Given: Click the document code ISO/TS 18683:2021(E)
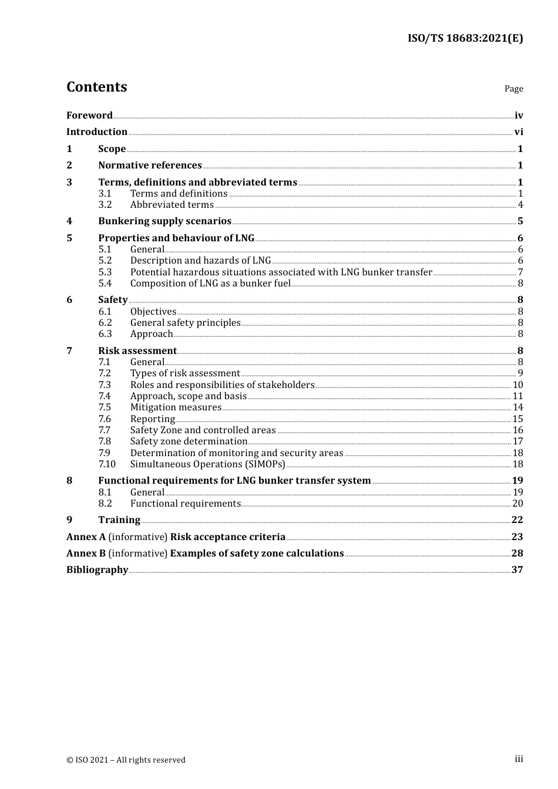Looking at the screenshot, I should [x=465, y=38].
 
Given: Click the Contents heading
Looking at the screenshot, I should [x=96, y=87].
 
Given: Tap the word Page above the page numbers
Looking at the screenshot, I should [x=513, y=89].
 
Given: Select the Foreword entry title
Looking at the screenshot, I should [x=89, y=115].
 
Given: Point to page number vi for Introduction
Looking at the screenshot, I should [x=519, y=132].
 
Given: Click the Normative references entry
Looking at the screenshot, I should [x=150, y=166].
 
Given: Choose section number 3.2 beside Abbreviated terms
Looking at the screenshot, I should [x=105, y=205].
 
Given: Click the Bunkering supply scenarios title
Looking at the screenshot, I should [x=164, y=221].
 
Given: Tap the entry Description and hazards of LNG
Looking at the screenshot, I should [x=200, y=261].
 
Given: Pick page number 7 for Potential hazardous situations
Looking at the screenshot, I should [x=520, y=272].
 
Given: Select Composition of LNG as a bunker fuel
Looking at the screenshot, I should [x=210, y=284].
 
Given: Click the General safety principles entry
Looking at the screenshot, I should [x=185, y=323].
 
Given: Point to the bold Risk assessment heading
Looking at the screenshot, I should [x=137, y=351].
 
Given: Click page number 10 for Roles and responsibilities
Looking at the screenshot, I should [x=517, y=385].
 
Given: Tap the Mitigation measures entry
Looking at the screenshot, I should [x=176, y=407].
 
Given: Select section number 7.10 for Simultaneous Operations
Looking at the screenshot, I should [x=107, y=464].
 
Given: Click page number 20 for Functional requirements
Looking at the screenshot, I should [x=517, y=504].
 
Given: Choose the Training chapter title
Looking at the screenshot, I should [x=119, y=520].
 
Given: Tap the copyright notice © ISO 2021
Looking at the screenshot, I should [x=126, y=760].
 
